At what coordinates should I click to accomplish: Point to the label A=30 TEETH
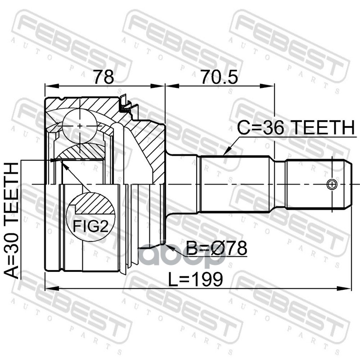[x=13, y=220]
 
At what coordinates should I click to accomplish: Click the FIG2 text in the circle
[x=91, y=226]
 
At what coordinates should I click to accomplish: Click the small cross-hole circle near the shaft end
[x=332, y=184]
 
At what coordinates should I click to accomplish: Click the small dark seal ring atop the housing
[x=124, y=107]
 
